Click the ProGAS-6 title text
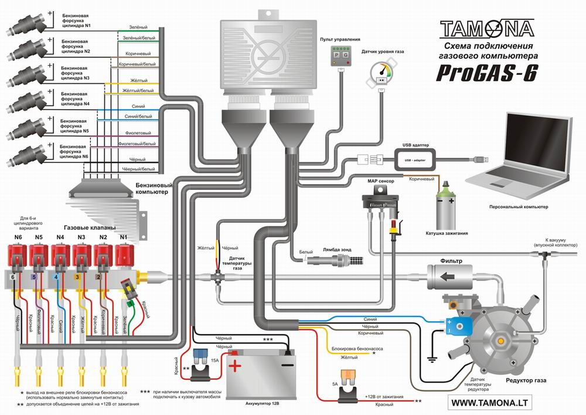pyautogui.click(x=486, y=74)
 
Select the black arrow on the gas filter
pyautogui.click(x=448, y=275)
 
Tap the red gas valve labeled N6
pyautogui.click(x=18, y=256)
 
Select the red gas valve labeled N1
pyautogui.click(x=125, y=256)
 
